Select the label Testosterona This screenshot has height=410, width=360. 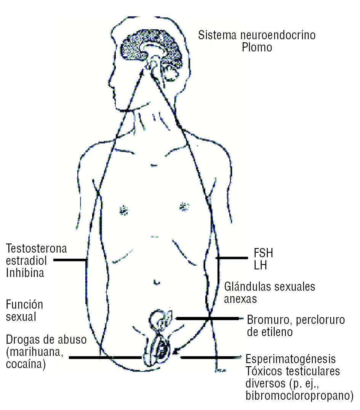point(37,249)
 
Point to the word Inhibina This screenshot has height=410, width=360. point(25,273)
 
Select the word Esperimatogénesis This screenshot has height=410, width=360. point(291,359)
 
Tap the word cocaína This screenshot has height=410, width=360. point(26,364)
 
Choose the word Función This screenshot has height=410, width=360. point(24,305)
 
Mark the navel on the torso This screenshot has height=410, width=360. point(156,282)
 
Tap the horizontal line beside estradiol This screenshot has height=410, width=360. point(70,260)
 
